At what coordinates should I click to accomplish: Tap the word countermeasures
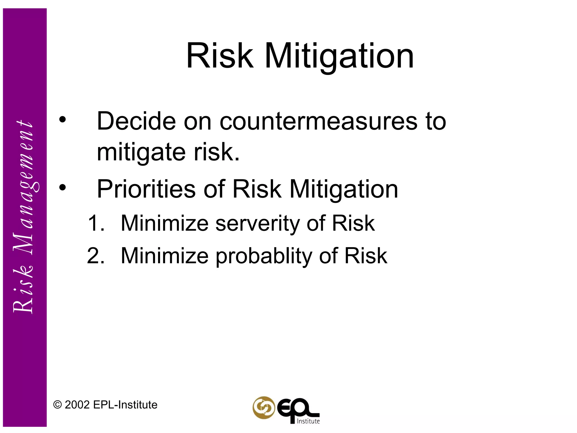(318, 121)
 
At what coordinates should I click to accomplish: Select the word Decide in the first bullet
(136, 121)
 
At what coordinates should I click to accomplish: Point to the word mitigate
(141, 152)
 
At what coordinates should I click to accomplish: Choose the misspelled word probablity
(264, 256)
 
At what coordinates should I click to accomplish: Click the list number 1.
(96, 223)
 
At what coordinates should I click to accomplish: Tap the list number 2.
(96, 256)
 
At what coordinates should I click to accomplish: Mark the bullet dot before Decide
(63, 120)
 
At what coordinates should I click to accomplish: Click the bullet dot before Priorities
(63, 187)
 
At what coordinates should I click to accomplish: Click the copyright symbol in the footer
(57, 405)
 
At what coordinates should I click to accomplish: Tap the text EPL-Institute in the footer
(125, 405)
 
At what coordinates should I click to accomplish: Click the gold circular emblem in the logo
(263, 407)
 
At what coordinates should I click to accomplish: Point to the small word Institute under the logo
(309, 421)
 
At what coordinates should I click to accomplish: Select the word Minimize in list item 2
(165, 256)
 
